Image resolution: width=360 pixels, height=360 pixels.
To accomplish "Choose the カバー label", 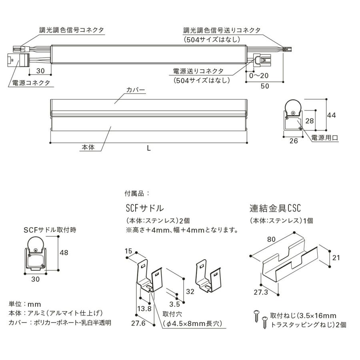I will pyautogui.click(x=135, y=90).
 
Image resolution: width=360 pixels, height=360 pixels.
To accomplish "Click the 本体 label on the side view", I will pyautogui.click(x=88, y=147).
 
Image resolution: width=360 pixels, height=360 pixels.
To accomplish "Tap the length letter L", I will pyautogui.click(x=148, y=148).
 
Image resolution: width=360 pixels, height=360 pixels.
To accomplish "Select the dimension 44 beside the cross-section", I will pyautogui.click(x=332, y=115).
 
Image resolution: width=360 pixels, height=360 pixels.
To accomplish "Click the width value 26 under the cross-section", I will pyautogui.click(x=293, y=141).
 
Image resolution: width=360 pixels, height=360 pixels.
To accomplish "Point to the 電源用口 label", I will pyautogui.click(x=325, y=138).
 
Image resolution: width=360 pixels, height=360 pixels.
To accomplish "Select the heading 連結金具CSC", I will pyautogui.click(x=275, y=209).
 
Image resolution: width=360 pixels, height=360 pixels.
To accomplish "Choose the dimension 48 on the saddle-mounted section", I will pyautogui.click(x=64, y=253).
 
